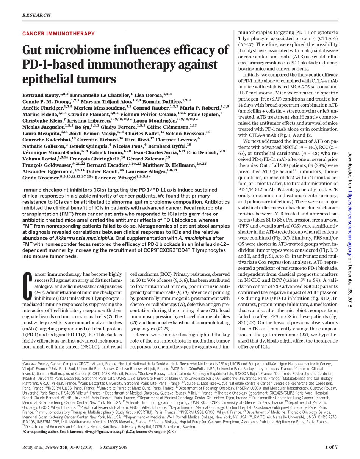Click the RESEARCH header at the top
tap(36, 15)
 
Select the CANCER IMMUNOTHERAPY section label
tap(58, 33)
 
